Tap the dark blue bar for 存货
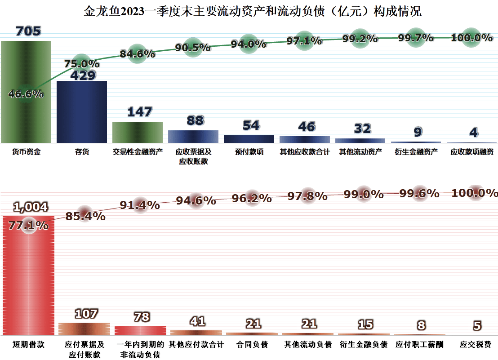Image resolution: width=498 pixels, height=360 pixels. pos(82,112)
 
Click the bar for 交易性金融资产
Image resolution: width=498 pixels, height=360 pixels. pos(138,132)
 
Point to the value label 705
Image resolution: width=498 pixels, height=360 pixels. pos(28,31)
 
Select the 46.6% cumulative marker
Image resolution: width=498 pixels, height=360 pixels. pos(26,93)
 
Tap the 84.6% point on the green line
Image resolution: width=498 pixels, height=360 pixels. pos(138,54)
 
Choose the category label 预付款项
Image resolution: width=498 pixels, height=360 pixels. pos(249,152)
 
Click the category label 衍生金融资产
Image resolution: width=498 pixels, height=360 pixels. pos(416,152)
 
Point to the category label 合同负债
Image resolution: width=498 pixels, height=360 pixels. pos(252,345)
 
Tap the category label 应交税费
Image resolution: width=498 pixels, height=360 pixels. pos(475,345)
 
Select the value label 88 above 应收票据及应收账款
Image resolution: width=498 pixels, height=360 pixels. pos(195,120)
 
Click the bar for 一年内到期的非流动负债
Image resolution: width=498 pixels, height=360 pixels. pos(140,330)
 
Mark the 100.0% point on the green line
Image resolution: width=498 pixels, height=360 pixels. pos(471,38)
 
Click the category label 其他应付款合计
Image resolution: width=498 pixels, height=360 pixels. pos(196,345)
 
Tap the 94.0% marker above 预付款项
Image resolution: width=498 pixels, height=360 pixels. pos(249,44)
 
